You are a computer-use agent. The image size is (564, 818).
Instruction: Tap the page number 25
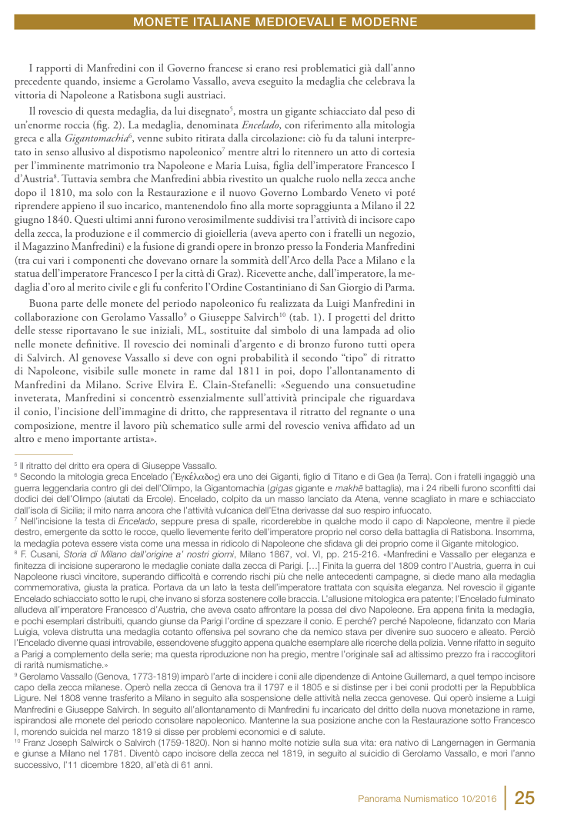pos(525,797)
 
